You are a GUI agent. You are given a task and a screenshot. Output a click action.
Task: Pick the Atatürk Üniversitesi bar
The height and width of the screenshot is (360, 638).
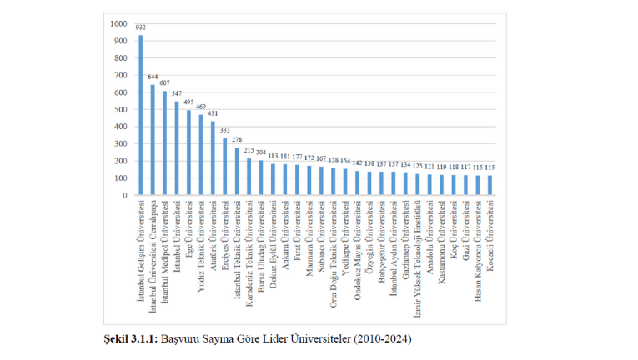[213, 158]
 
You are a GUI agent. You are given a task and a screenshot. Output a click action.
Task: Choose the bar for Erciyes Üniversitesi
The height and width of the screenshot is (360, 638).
[225, 167]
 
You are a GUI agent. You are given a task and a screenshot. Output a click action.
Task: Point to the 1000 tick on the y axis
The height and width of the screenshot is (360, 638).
[119, 23]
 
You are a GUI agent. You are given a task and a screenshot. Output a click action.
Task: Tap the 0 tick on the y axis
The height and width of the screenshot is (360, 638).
[125, 195]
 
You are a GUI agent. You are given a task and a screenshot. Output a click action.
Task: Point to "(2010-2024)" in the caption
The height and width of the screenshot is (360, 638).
[383, 339]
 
